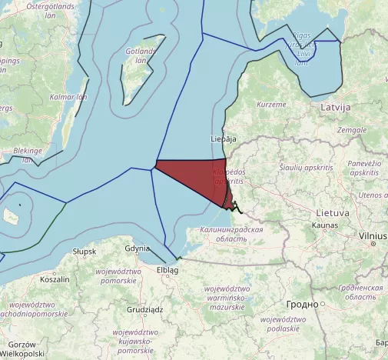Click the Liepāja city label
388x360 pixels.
click(x=223, y=139)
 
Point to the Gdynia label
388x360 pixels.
click(x=137, y=248)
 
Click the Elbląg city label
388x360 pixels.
click(x=167, y=271)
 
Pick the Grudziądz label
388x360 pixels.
click(x=145, y=310)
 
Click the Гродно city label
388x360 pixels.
click(x=302, y=305)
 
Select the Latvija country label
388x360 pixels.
click(x=336, y=106)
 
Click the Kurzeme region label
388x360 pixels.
click(x=271, y=104)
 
